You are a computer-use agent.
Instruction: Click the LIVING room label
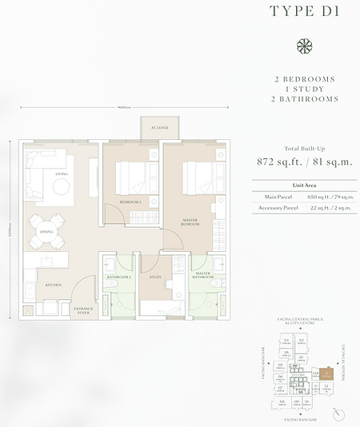coord(61,173)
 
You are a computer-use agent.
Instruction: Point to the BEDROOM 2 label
coord(130,202)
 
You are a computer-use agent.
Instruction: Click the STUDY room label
coord(156,277)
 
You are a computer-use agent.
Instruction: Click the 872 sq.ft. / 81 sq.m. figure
coord(304,162)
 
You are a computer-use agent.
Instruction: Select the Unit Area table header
coord(304,184)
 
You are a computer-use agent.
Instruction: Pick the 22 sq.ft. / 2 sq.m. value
coord(329,208)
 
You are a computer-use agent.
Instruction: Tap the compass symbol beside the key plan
coord(342,413)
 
